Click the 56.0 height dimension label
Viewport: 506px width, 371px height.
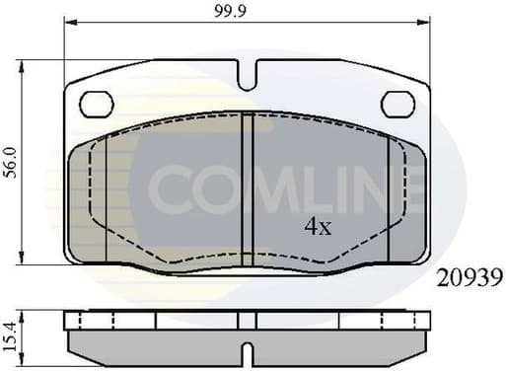(10, 163)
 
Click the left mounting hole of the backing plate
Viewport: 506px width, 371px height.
(97, 103)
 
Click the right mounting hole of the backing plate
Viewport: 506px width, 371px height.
(398, 102)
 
